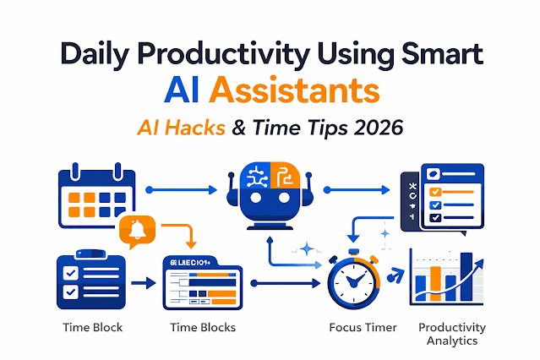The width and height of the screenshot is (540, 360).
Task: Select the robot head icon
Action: coord(270,198)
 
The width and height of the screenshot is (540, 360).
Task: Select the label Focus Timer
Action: coord(360,327)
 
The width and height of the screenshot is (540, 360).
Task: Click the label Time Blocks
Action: coord(202,327)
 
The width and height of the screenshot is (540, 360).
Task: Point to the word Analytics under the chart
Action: coord(452,341)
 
